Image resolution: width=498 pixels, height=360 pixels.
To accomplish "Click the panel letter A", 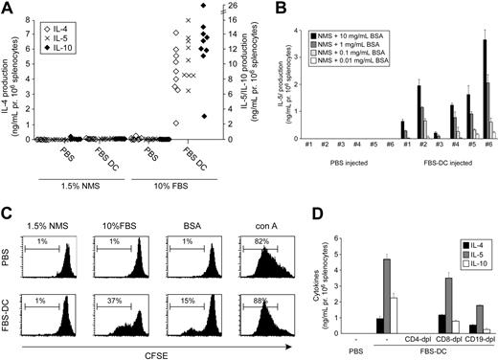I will [x=8, y=10].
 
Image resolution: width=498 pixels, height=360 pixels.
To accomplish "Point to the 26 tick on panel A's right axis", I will [x=231, y=7].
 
